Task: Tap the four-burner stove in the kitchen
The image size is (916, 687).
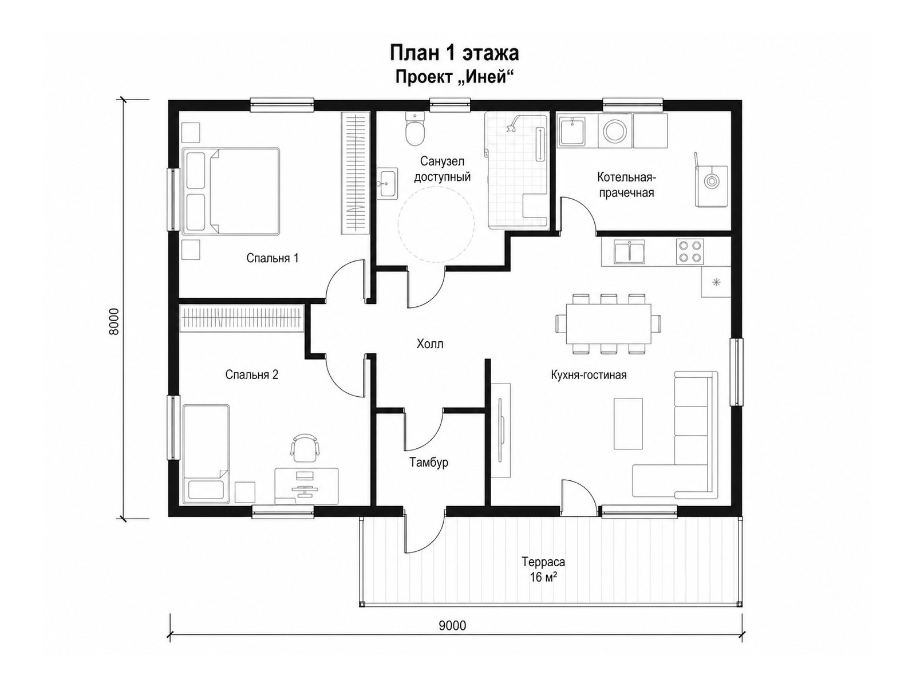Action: point(689,251)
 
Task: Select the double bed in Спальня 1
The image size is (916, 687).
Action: point(231,191)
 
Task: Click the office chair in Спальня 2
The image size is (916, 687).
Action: point(305,448)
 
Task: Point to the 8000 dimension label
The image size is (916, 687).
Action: point(114,321)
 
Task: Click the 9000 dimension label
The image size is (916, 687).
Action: point(452,626)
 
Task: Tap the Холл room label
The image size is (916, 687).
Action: point(430,344)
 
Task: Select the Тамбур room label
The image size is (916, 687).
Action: point(429,463)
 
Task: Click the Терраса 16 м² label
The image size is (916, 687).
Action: point(543,570)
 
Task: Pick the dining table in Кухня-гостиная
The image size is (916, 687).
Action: point(609,324)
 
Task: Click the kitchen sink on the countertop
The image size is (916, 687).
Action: point(629,251)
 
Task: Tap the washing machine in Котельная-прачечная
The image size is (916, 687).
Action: point(615,131)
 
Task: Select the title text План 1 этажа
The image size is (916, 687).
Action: point(455,53)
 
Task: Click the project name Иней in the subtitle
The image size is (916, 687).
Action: point(487,77)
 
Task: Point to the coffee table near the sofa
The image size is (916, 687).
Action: point(628,424)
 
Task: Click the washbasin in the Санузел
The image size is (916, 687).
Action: point(387,184)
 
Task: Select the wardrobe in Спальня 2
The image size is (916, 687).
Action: point(242,319)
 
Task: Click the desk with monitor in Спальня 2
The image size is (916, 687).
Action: point(306,486)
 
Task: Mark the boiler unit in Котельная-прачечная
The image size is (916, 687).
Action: point(711,185)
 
